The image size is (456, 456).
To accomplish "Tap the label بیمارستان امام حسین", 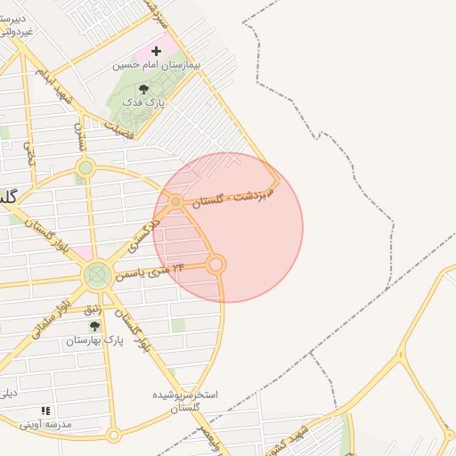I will pos(157,65).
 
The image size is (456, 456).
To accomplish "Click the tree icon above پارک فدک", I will pos(144,89).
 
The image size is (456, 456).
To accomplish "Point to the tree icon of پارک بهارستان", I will pos(94,327).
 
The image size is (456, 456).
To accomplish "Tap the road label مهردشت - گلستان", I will pos(235,198).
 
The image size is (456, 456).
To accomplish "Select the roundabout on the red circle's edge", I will pos(216,264).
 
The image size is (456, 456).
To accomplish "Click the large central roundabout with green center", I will pos(97,275).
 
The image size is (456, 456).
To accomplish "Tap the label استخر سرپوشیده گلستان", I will pos(186,400).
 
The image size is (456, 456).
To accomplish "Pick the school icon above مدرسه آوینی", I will pos(45,411).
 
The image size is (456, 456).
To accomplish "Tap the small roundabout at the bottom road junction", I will pos(113,435).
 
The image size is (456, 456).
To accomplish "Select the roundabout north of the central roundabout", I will pos(85,167).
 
